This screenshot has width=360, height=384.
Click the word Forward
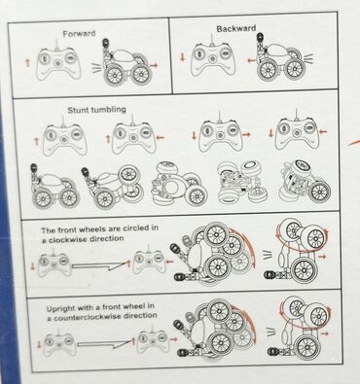(x=79, y=34)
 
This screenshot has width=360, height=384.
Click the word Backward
(x=236, y=28)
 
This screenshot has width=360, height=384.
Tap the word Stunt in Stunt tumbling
(x=78, y=110)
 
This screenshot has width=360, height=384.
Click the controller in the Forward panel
(x=58, y=63)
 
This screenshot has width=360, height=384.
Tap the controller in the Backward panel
(x=212, y=58)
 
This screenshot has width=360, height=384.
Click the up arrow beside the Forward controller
(x=28, y=62)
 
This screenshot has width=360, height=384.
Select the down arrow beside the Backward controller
(x=182, y=57)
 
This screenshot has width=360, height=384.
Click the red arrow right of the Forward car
(x=155, y=65)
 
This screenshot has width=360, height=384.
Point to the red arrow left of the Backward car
(x=251, y=60)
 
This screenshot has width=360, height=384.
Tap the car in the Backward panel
(x=281, y=57)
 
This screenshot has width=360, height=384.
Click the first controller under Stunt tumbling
(x=65, y=138)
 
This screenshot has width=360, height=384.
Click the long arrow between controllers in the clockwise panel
(x=99, y=266)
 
